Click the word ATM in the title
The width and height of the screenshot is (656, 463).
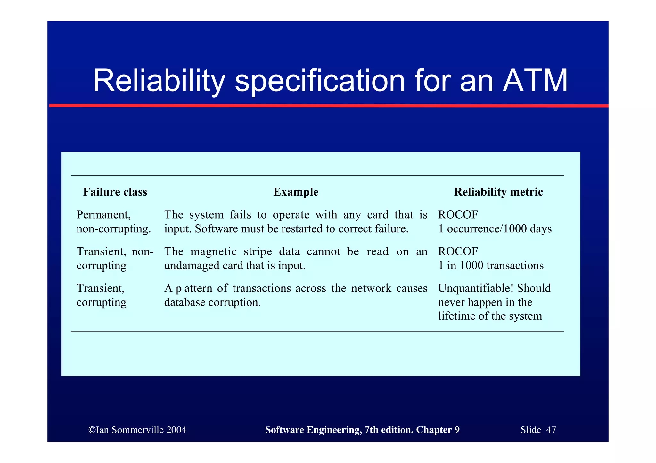click(535, 81)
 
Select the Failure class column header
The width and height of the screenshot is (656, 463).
click(115, 192)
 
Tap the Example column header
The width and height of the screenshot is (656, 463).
click(296, 192)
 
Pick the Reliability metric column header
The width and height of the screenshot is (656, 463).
click(498, 192)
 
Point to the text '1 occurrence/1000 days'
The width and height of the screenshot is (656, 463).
click(495, 229)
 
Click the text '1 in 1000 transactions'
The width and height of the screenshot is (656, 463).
click(491, 266)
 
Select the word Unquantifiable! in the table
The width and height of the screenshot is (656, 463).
click(476, 288)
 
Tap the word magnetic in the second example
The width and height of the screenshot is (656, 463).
click(213, 251)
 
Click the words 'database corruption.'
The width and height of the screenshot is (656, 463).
click(212, 302)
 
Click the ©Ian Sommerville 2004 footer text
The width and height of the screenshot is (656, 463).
click(137, 430)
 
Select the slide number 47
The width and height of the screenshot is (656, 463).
click(551, 430)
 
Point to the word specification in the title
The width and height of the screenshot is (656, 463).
click(320, 81)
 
